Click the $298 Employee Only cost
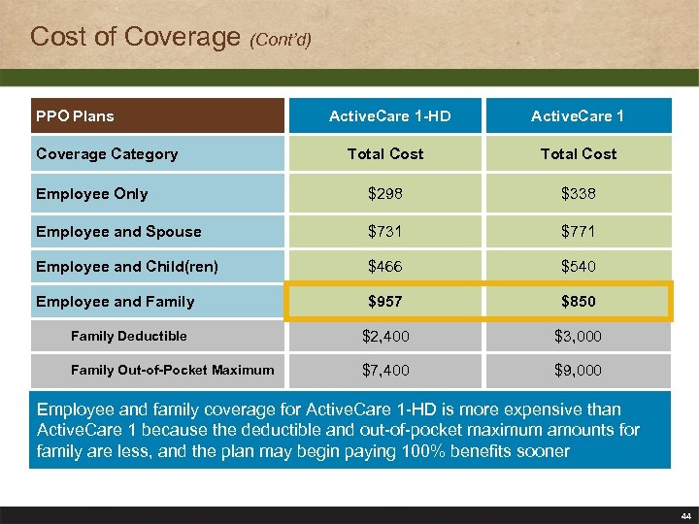coord(385,194)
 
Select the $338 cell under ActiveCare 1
coord(579,194)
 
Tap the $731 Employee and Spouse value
coord(385,232)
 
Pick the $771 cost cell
coord(579,232)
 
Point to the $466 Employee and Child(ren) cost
coord(385,267)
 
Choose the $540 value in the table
coord(579,267)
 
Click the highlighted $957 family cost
coord(385,302)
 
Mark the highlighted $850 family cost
coord(579,302)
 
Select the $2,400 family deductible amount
coord(385,337)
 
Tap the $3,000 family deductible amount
coord(579,337)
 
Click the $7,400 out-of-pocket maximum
coord(385,371)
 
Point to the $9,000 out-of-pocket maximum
coord(579,371)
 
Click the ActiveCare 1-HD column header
coord(389,116)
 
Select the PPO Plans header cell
coord(75,116)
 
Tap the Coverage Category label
coord(107,154)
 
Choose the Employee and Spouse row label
coord(118,232)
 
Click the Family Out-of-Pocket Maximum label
coord(172,370)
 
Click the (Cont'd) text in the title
coord(281,41)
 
